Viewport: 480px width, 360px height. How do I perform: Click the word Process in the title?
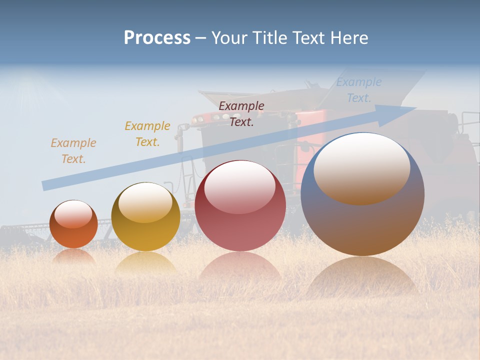[157, 38]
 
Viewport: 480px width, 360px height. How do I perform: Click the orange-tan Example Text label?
[73, 151]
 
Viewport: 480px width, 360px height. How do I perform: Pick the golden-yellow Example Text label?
[147, 134]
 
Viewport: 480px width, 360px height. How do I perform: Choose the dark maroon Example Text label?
[241, 113]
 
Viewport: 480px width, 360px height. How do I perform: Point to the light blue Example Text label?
[358, 90]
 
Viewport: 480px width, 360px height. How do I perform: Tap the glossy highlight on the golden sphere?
[145, 201]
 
